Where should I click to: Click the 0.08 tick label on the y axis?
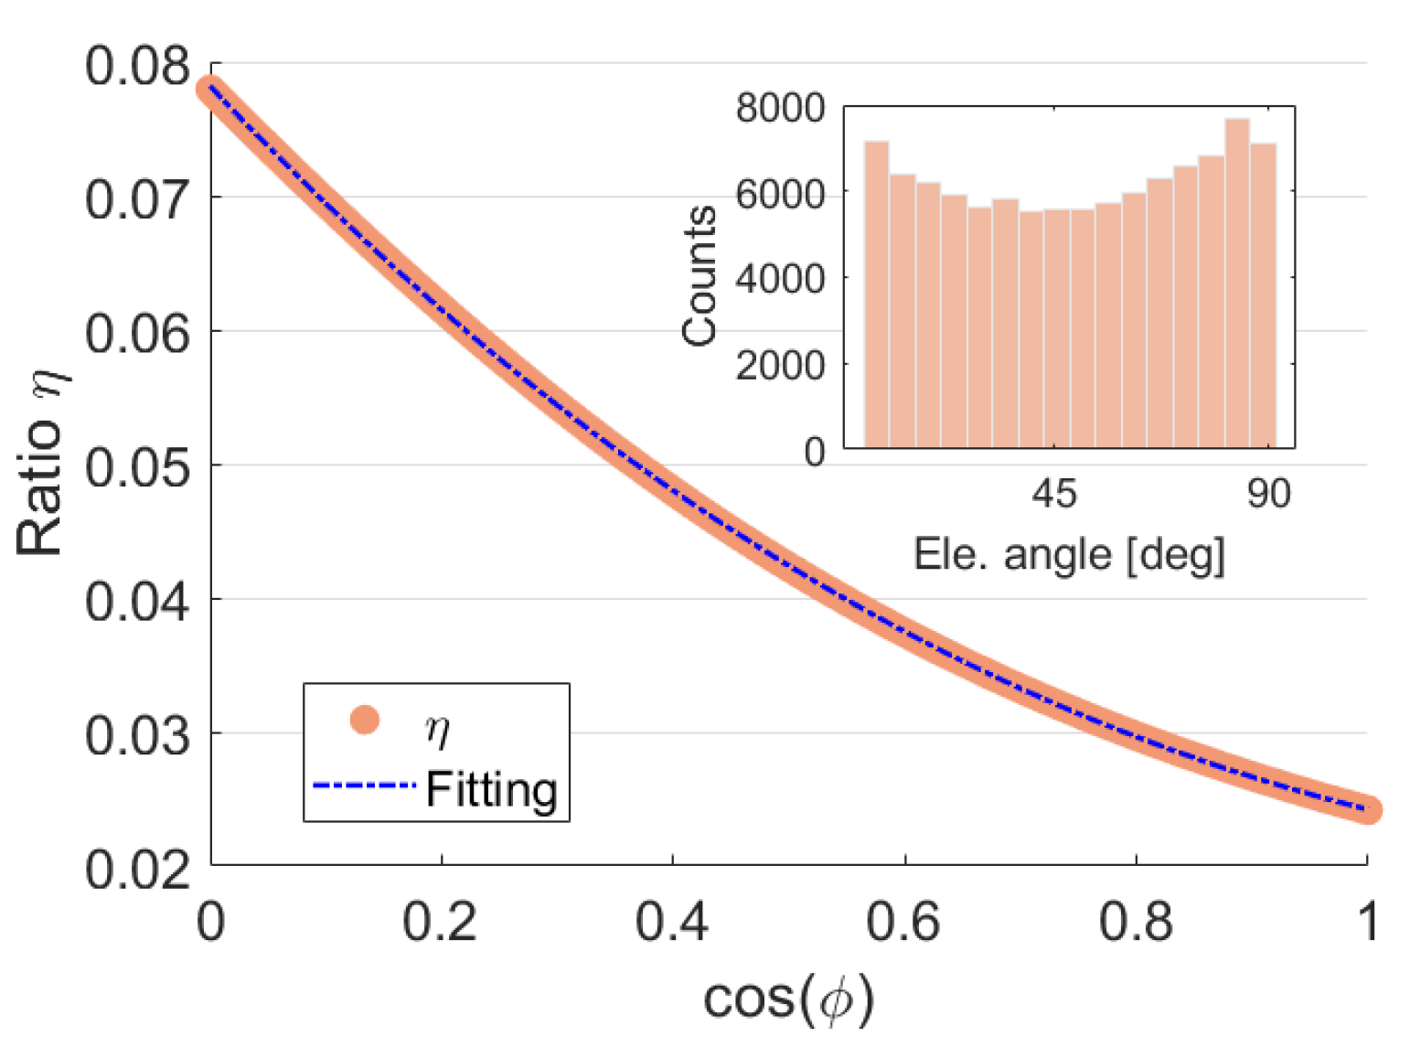click(137, 67)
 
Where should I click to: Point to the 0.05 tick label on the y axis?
click(137, 468)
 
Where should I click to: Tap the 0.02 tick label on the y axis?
click(137, 870)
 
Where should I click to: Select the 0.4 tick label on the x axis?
click(672, 921)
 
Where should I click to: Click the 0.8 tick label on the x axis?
click(1136, 921)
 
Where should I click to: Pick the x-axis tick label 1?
click(1367, 921)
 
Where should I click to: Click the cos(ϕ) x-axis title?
click(788, 999)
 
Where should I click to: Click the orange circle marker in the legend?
click(365, 721)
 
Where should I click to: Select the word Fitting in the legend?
click(491, 788)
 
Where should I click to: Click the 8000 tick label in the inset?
click(779, 108)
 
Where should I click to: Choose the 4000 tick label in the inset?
click(779, 279)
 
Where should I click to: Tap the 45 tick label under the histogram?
click(1054, 495)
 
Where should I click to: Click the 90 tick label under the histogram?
click(1268, 495)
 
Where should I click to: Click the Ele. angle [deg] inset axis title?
click(1068, 554)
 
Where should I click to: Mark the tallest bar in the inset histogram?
click(1237, 283)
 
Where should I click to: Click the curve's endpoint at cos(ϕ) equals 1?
click(1366, 809)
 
